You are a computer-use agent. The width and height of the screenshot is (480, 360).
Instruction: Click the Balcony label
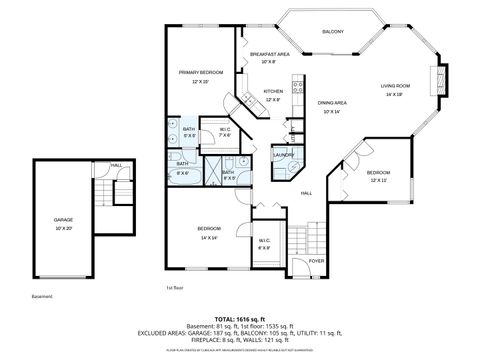(333, 32)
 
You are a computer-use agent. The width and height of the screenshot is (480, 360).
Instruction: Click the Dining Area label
(333, 103)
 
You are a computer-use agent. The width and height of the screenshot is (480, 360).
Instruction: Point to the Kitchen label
(273, 91)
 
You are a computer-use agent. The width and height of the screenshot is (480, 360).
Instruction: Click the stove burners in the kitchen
(297, 86)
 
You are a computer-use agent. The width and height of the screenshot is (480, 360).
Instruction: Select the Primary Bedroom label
(200, 72)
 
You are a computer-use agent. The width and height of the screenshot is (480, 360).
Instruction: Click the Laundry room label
(282, 154)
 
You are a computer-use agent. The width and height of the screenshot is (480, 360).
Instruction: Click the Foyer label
(316, 260)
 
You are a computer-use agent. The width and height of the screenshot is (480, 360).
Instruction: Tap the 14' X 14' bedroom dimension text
(209, 238)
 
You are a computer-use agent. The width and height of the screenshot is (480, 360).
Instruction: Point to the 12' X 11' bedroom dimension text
(378, 180)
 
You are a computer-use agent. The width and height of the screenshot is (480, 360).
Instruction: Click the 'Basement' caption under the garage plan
(42, 296)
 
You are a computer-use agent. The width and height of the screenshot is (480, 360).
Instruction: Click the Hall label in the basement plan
(116, 165)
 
